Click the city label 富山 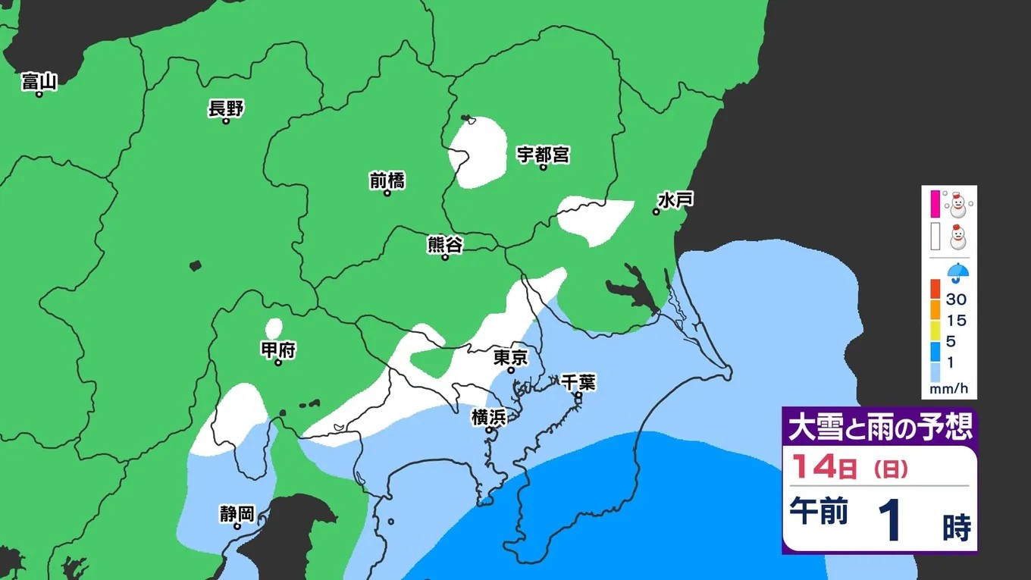[x=39, y=80]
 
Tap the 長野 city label [x=226, y=108]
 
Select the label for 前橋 [x=387, y=180]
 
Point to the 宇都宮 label [x=543, y=155]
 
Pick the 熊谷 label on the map [x=445, y=244]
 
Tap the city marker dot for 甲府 [x=278, y=362]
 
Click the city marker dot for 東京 [x=511, y=371]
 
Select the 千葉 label [x=578, y=383]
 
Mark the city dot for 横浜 [x=490, y=430]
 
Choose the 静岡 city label [x=237, y=513]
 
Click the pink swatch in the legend [x=935, y=203]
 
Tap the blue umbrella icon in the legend [x=959, y=271]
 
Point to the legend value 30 [x=956, y=299]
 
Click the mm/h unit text [x=949, y=390]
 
